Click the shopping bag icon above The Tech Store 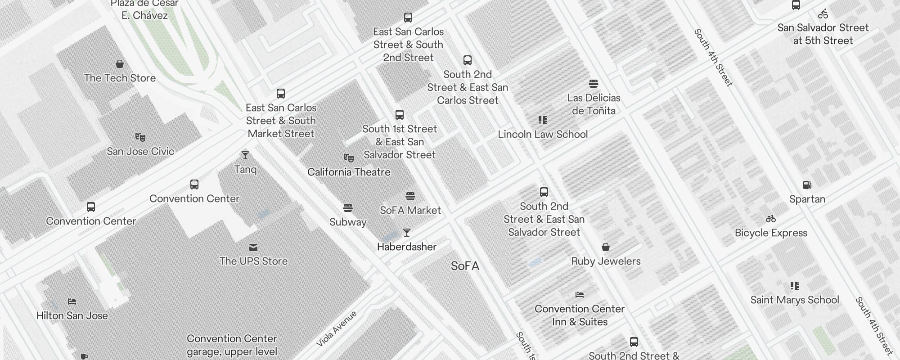tap(120, 64)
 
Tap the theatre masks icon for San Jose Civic tap(140, 137)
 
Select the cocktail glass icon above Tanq tap(245, 155)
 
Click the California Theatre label tap(349, 172)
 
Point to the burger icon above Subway tap(347, 208)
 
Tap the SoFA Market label tap(410, 210)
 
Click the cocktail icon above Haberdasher tap(407, 233)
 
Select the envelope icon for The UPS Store tap(253, 247)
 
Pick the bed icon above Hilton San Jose tap(72, 301)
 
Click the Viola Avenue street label tap(336, 329)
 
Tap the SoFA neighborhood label tap(465, 266)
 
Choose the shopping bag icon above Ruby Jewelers tap(606, 247)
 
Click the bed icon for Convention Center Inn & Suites tap(580, 295)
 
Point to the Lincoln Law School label tap(543, 134)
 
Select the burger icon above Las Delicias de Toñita tap(594, 84)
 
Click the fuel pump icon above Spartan tap(807, 185)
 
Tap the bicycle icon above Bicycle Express tap(771, 219)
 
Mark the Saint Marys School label tap(795, 300)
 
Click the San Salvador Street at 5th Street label tap(823, 34)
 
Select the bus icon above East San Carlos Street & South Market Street tap(281, 94)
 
